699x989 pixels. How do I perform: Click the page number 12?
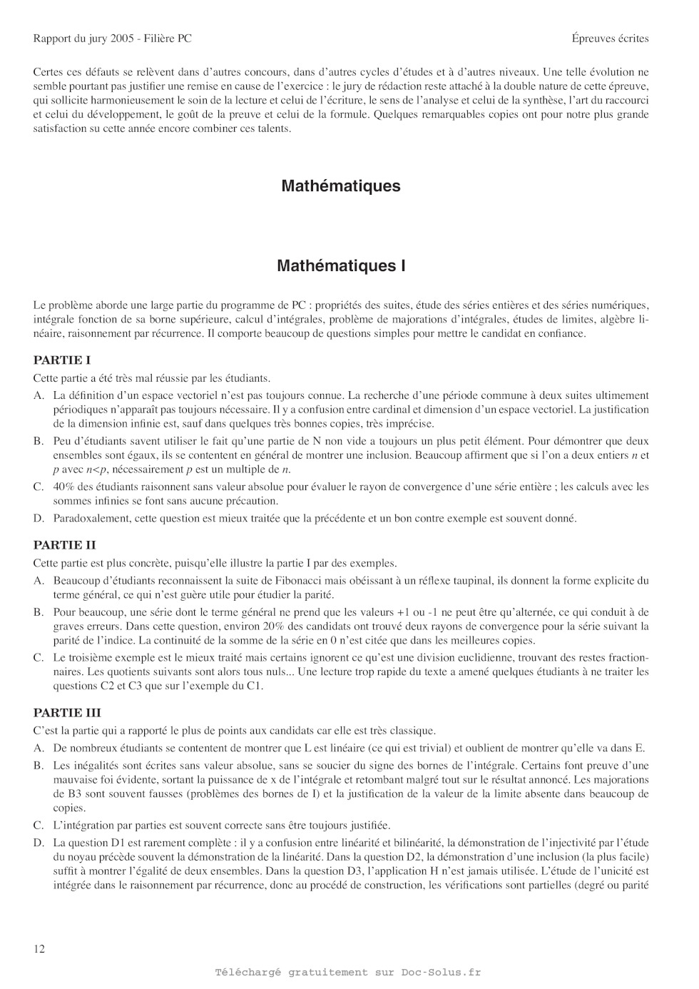39,948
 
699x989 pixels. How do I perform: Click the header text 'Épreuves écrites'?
610,39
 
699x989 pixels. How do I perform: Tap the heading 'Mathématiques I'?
341,266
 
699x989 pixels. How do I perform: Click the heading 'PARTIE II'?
64,545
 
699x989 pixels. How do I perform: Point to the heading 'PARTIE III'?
67,713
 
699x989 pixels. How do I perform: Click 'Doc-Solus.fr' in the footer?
441,972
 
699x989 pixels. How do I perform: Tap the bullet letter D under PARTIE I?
39,518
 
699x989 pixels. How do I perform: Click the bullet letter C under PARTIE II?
39,658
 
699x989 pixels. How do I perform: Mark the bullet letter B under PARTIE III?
39,766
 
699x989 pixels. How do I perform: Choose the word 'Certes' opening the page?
48,72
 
